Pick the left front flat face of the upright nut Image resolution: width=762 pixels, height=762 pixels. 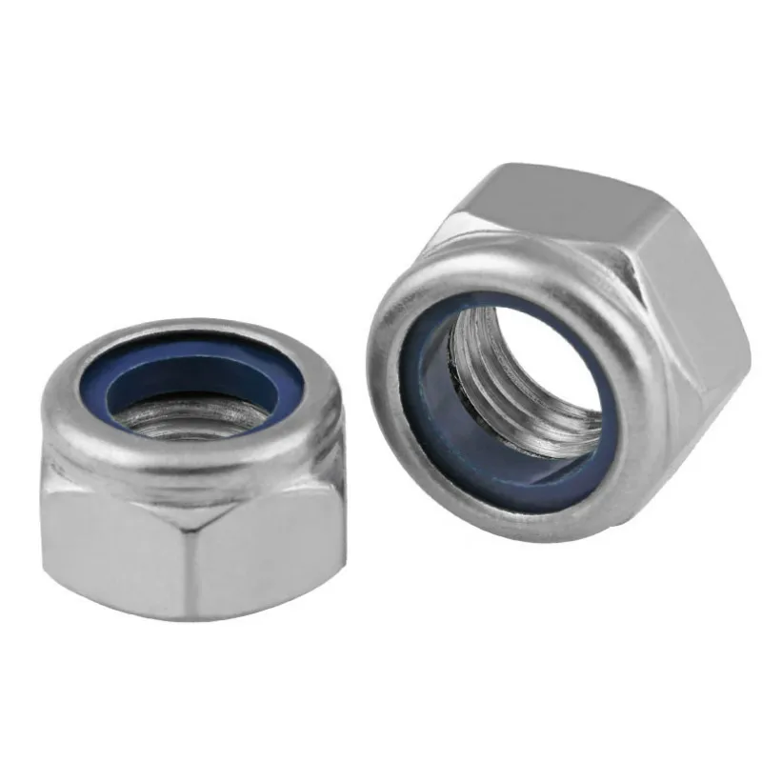point(114,543)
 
